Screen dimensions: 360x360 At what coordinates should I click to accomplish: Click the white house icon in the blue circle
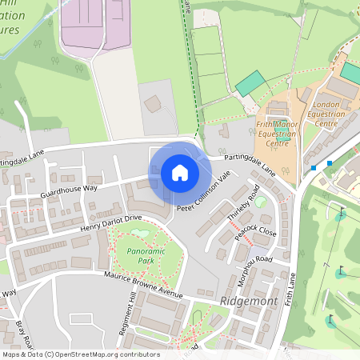tap(180, 173)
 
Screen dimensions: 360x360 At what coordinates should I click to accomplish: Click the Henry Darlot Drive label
tap(110, 223)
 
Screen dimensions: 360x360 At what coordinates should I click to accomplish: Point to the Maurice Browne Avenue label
tap(144, 285)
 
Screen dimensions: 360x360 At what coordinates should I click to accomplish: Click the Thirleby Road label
tap(244, 203)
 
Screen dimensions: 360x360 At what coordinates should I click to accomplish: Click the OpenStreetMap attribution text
tap(81, 354)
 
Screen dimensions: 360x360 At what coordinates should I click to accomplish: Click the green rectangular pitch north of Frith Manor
tap(250, 82)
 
